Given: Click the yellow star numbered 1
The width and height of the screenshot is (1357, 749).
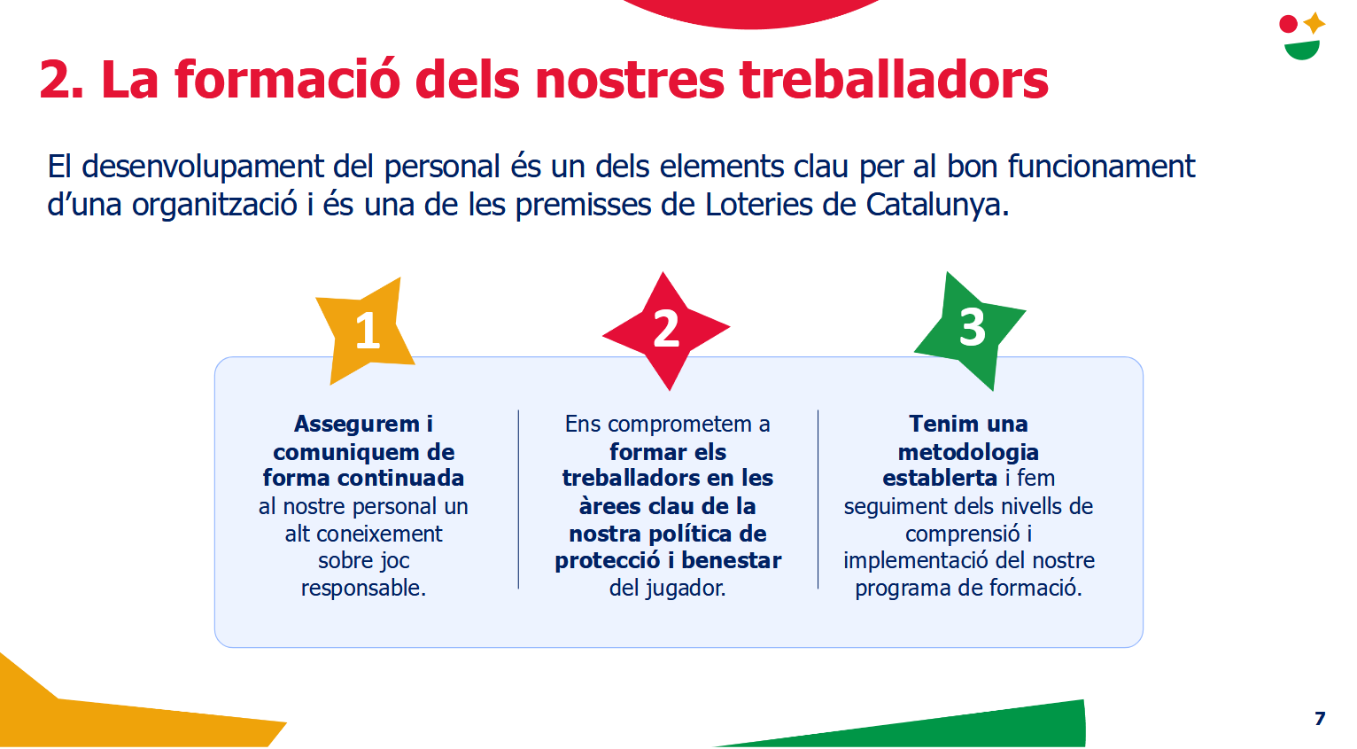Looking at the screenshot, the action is (366, 332).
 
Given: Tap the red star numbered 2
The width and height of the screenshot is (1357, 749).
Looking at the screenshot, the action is (666, 331).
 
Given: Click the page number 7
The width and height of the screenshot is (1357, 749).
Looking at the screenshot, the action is (1320, 719).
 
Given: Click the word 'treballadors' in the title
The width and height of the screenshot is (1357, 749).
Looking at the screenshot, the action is (894, 80).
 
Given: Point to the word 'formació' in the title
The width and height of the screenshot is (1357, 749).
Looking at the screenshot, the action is (288, 80).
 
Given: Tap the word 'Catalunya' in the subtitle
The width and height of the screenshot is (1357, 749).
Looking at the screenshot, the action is (937, 205).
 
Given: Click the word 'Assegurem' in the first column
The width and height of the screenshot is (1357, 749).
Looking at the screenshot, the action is (357, 425).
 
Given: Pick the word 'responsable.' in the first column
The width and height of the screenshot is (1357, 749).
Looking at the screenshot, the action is (363, 588).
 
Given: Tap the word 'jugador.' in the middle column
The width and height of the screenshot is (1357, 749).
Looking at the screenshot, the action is (685, 589).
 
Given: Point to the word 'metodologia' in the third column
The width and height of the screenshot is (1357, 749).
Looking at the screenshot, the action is (968, 453).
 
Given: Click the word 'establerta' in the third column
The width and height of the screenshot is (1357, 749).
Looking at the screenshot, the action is (940, 478).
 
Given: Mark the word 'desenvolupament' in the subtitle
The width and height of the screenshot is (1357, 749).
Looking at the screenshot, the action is (203, 168).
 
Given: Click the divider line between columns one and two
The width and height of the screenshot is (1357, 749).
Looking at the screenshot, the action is (518, 499).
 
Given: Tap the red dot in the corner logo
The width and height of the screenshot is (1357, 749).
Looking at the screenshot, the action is (1288, 24).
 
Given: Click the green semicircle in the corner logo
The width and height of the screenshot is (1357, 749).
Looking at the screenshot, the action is (1302, 50).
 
